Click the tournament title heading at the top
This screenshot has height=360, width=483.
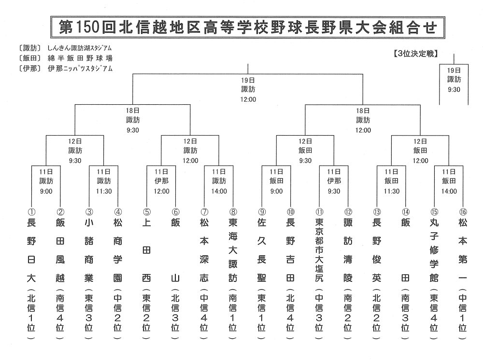click(x=248, y=27)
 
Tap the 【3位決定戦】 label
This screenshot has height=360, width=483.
click(x=415, y=54)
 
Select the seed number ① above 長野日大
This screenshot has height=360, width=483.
click(x=32, y=212)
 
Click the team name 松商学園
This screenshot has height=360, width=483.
click(x=118, y=250)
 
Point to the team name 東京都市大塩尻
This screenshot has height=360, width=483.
click(x=319, y=250)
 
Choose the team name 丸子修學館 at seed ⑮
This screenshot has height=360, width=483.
click(x=434, y=250)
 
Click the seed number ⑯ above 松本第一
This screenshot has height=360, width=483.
click(x=463, y=212)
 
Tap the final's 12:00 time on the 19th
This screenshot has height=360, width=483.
click(x=248, y=99)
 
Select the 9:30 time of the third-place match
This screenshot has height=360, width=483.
click(x=454, y=90)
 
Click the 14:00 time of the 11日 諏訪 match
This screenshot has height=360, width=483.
click(x=219, y=191)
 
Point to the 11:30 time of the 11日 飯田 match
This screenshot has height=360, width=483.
click(x=392, y=191)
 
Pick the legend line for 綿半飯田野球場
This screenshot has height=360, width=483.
click(x=65, y=58)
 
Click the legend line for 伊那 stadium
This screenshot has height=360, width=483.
click(x=65, y=69)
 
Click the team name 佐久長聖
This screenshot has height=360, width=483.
click(x=261, y=250)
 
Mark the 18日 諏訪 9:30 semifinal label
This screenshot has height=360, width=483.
click(x=133, y=120)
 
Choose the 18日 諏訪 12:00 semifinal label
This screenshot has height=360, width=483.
click(x=363, y=120)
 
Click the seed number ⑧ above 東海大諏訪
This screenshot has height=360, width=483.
click(x=233, y=212)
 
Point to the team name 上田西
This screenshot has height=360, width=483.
click(x=147, y=250)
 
